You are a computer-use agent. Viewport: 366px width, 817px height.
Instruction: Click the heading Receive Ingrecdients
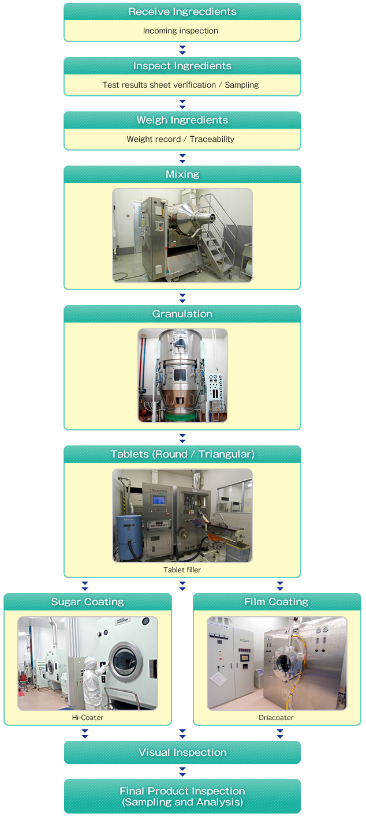coord(182,12)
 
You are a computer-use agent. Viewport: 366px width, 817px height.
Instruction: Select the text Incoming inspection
coord(181,31)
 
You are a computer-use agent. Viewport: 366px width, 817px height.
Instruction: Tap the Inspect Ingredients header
coord(182,66)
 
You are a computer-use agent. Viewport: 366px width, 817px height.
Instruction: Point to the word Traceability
coord(212,139)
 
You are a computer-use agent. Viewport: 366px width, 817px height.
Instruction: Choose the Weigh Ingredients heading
coord(182,120)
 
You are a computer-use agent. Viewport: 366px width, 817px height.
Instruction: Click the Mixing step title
coord(182,174)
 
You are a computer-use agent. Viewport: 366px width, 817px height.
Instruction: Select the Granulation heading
coord(182,314)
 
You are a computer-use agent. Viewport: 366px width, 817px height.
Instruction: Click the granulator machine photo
coord(182,375)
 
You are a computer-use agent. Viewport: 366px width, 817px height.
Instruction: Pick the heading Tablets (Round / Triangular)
coord(182,454)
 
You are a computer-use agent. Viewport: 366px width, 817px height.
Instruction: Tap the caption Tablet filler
coord(182,569)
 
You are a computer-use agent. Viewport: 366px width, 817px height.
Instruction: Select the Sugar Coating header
coord(88,602)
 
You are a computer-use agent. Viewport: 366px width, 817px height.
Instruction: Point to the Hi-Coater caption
coord(88,718)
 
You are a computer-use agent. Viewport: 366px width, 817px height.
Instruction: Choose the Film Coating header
coord(277,602)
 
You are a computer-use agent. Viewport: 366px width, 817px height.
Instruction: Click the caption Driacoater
coord(276,718)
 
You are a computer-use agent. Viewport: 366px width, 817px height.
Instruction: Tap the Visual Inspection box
coord(182,752)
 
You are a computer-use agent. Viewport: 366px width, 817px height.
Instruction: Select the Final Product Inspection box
coord(182,796)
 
